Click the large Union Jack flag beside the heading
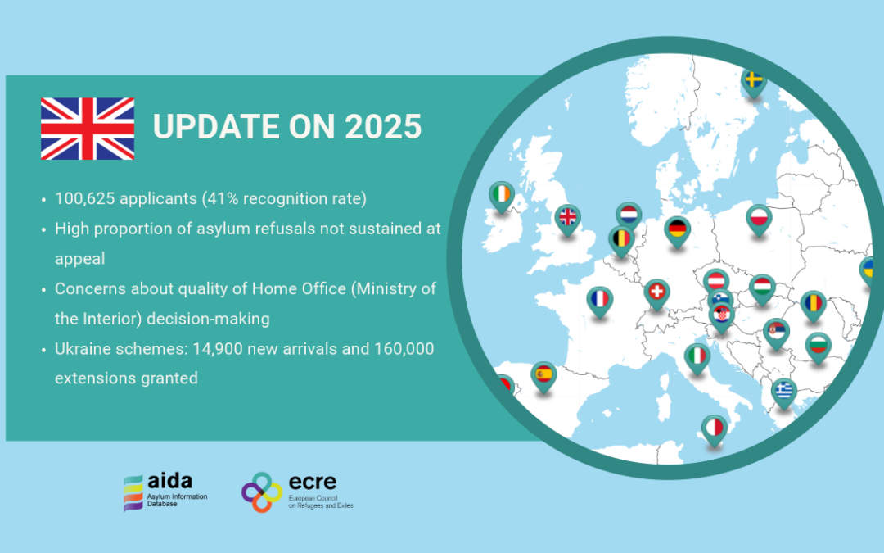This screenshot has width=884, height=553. pyautogui.click(x=88, y=129)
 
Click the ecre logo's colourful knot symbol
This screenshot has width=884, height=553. pyautogui.click(x=262, y=492)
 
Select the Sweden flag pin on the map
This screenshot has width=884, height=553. pyautogui.click(x=754, y=81)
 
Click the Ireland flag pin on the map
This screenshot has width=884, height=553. pyautogui.click(x=502, y=195)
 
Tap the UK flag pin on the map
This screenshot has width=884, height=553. pyautogui.click(x=566, y=218)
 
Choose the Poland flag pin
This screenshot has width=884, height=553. pyautogui.click(x=760, y=218)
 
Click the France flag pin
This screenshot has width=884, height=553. pyautogui.click(x=600, y=299)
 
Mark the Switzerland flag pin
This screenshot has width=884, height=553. pyautogui.click(x=656, y=292)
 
